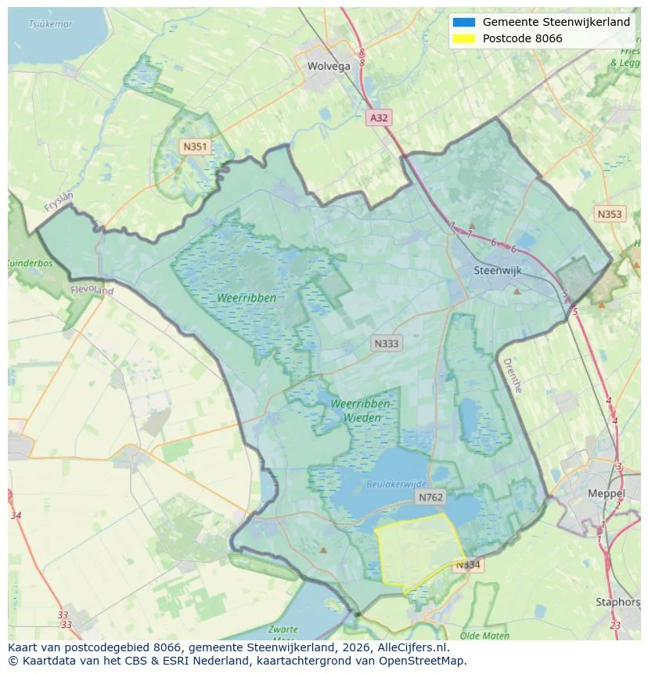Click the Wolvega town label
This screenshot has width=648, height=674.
(329, 67)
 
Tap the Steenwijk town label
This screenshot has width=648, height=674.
(497, 271)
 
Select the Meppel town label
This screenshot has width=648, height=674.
(606, 494)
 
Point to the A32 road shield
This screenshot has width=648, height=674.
(379, 118)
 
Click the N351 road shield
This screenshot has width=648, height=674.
(194, 146)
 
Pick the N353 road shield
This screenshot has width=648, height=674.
(609, 214)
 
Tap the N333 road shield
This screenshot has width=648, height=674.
(386, 344)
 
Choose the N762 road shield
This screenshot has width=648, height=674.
(430, 497)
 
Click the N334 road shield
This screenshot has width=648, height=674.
(468, 565)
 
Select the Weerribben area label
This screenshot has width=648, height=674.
(247, 298)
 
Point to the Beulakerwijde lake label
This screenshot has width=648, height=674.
(397, 485)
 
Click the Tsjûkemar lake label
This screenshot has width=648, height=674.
(50, 24)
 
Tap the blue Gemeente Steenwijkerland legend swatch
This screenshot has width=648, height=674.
(463, 23)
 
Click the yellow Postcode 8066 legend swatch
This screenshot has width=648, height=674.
(463, 38)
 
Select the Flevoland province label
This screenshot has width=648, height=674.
(92, 290)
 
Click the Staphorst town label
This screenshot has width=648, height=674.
(617, 603)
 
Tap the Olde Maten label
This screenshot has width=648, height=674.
(485, 636)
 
